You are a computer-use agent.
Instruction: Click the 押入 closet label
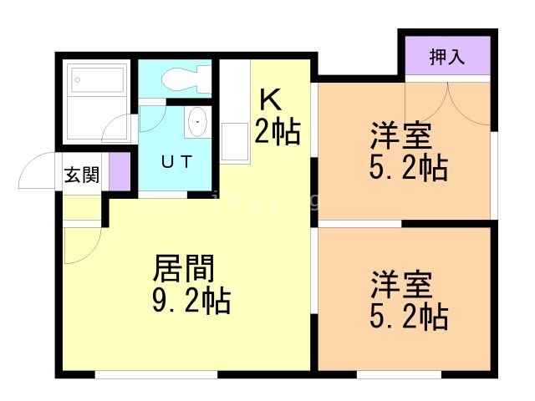point(447,58)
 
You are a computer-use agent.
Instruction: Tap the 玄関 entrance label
point(82,175)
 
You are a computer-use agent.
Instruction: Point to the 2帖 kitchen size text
point(277,131)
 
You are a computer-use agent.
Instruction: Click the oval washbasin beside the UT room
point(196,123)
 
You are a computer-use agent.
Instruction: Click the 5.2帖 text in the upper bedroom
point(408,167)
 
